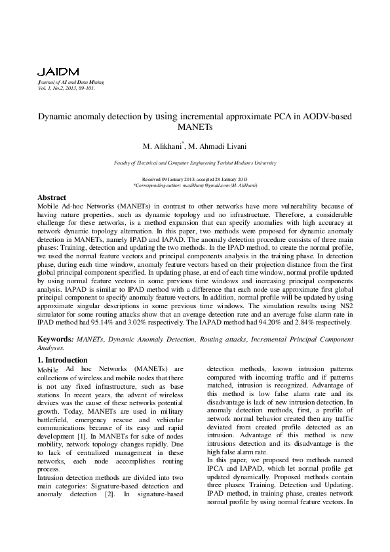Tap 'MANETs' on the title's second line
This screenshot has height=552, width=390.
(195, 127)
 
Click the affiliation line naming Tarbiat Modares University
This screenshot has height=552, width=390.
(195, 163)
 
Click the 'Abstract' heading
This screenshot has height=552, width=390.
(52, 197)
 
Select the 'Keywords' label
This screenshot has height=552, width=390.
(53, 340)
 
